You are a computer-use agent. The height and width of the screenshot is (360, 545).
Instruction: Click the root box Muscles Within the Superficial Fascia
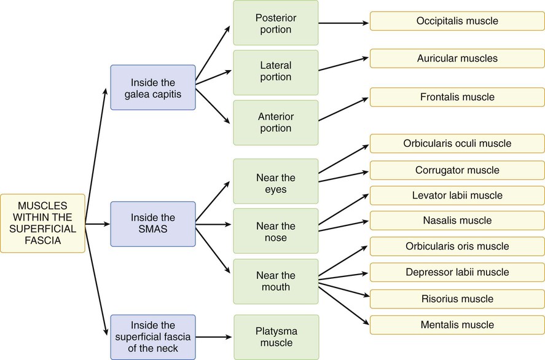click(x=42, y=223)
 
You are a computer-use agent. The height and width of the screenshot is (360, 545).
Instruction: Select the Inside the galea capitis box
click(x=152, y=87)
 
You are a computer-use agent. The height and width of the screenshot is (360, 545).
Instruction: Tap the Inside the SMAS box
click(x=152, y=224)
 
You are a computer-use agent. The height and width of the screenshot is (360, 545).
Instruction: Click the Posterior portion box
click(x=275, y=23)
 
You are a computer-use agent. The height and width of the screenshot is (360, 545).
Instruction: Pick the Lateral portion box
click(x=275, y=71)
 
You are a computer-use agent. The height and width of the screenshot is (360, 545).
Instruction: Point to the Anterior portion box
click(x=275, y=122)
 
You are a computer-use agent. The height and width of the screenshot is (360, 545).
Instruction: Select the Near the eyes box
click(x=275, y=181)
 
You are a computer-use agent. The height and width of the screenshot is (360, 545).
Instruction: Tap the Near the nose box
click(x=275, y=232)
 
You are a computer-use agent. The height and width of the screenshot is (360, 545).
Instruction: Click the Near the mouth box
click(x=275, y=281)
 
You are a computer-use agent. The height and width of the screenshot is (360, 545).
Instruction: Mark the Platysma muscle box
click(x=275, y=337)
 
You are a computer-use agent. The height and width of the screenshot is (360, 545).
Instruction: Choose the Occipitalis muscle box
click(x=457, y=21)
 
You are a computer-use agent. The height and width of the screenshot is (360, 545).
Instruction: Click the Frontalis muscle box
click(x=457, y=97)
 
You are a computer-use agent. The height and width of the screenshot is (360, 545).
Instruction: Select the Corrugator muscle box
click(x=457, y=170)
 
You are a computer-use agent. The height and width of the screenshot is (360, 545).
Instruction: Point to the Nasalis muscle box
click(x=457, y=221)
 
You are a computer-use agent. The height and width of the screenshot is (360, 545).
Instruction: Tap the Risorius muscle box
click(x=457, y=299)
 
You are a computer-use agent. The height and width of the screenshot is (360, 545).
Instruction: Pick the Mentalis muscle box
click(x=457, y=325)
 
